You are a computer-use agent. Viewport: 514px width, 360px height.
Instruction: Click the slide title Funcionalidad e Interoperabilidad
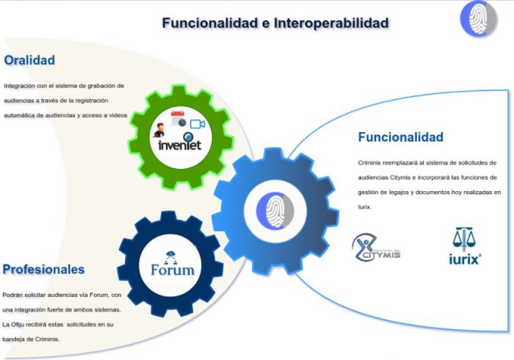(275, 23)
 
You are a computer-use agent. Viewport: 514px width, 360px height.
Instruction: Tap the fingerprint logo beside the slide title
(478, 18)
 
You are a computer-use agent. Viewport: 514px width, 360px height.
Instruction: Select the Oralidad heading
(29, 60)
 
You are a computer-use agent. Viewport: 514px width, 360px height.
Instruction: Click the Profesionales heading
(43, 270)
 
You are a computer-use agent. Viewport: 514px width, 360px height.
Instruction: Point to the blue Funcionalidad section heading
(401, 137)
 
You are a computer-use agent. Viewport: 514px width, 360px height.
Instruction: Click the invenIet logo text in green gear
(180, 145)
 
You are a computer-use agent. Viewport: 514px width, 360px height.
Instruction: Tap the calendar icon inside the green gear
(178, 119)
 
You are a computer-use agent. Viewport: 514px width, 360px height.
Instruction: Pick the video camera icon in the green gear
(198, 124)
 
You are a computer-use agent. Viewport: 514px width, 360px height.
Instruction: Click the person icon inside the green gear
(159, 130)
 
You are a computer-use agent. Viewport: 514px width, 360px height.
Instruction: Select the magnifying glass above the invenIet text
(189, 137)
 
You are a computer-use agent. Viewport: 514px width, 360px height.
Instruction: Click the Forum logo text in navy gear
(173, 270)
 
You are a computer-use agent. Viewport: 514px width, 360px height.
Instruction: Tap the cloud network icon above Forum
(170, 257)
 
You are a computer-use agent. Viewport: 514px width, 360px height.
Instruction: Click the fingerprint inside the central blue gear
(275, 211)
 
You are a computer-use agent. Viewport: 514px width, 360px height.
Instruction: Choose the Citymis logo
(376, 248)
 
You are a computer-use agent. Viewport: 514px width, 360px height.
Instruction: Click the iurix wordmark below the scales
(465, 259)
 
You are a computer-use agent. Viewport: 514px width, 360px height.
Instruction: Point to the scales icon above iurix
(464, 240)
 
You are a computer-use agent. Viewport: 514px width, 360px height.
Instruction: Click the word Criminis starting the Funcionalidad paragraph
(369, 162)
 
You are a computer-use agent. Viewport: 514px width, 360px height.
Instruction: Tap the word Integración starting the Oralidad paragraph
(19, 86)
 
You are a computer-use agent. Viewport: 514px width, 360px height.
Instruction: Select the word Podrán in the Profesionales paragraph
(12, 295)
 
